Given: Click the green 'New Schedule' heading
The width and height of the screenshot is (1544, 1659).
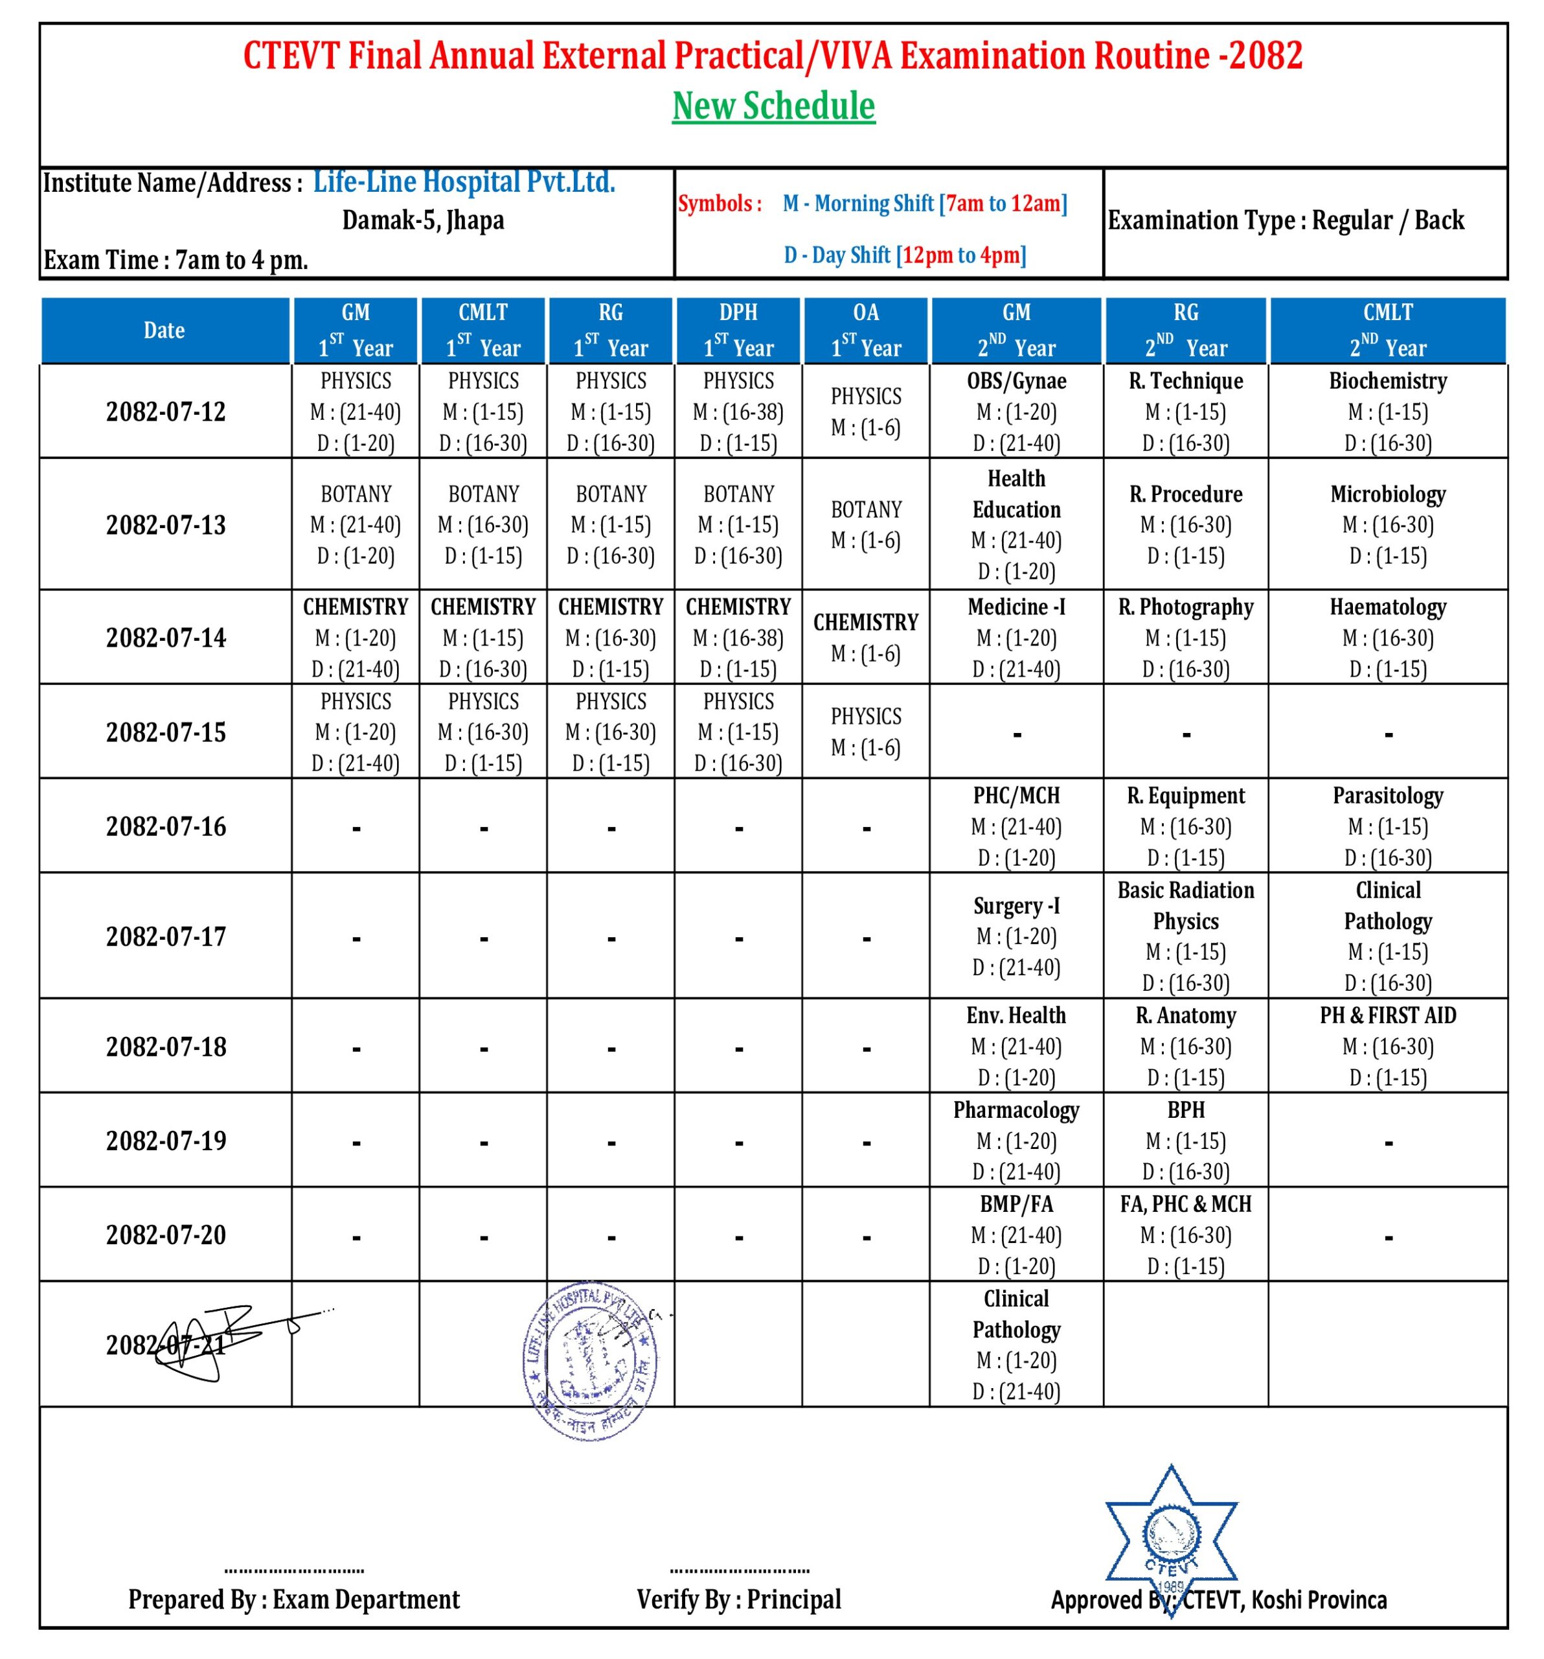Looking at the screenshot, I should [773, 106].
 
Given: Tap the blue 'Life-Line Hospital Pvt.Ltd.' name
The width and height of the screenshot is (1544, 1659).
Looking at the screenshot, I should [464, 182].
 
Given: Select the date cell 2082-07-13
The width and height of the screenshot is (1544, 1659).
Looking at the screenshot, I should [165, 525].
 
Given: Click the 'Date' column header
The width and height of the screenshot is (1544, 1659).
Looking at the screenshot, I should [165, 331].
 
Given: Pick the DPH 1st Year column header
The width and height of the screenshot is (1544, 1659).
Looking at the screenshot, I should [738, 331].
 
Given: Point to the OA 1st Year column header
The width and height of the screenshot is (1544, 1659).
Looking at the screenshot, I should [866, 331].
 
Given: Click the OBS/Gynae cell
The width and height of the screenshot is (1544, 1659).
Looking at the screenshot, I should [1016, 412].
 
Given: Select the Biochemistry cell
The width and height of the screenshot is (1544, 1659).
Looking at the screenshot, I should [1387, 412].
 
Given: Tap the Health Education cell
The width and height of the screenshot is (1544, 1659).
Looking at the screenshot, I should [1016, 525].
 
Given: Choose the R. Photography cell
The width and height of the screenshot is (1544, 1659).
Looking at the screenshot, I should [1185, 638].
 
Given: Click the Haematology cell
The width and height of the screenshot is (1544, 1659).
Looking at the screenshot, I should [1387, 638].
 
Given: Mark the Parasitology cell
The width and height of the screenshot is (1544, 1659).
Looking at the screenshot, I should [1387, 826].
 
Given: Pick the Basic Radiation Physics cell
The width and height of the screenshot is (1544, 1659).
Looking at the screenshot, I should [1185, 936].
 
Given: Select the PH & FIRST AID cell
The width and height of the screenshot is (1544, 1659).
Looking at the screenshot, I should [1387, 1047].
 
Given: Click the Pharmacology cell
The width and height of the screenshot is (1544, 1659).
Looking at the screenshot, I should [1016, 1141].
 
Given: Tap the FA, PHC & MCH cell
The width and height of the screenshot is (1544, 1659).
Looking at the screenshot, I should [1185, 1235].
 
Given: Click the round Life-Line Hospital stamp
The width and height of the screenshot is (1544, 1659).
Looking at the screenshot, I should [591, 1361].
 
